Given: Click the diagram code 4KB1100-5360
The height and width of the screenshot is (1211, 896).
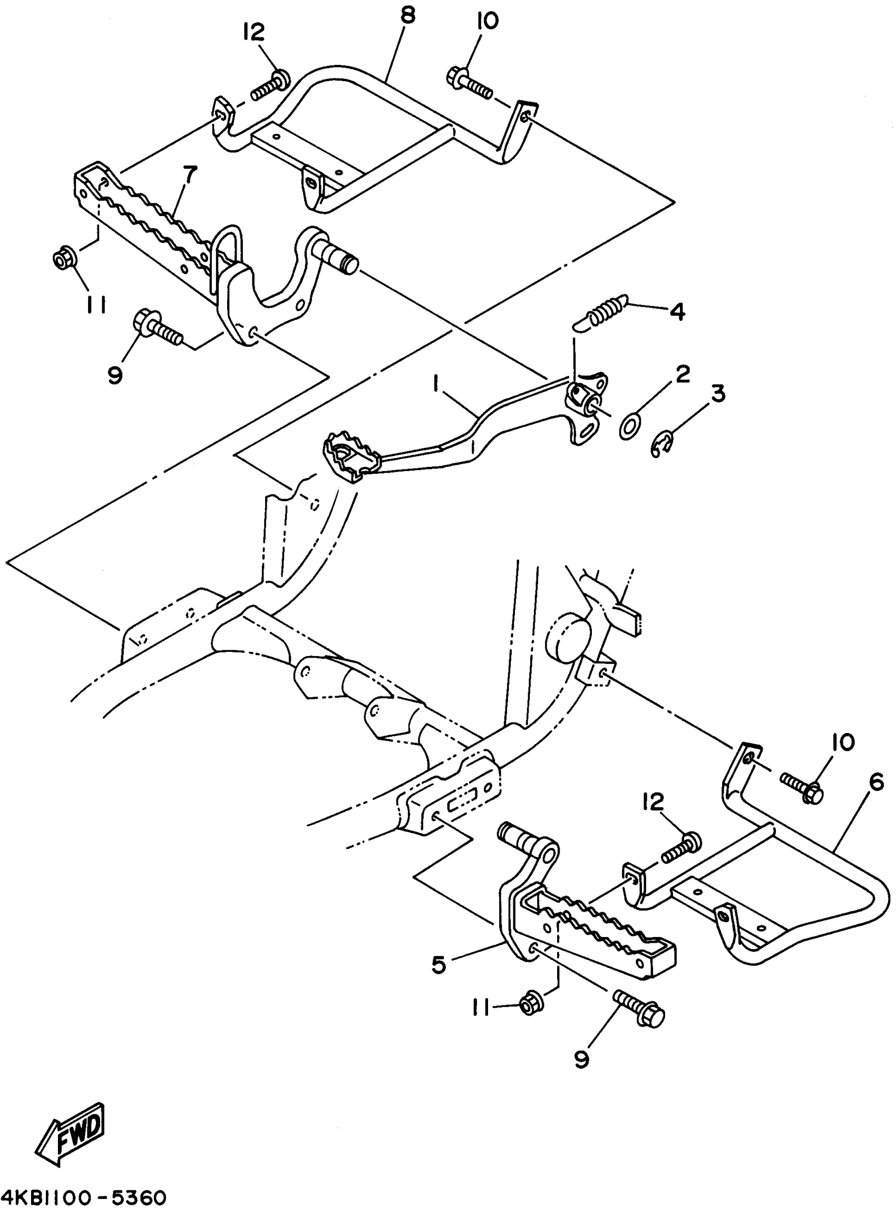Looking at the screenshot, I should [84, 1196].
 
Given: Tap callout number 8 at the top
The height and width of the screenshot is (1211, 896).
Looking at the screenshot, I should [407, 16].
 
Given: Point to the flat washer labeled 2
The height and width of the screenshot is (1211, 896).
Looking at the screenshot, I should [629, 428].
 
